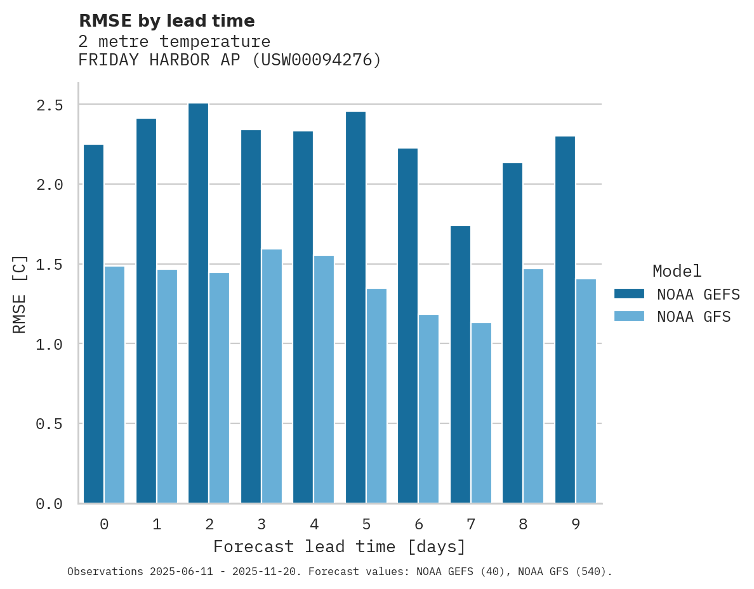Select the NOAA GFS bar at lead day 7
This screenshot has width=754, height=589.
tap(481, 413)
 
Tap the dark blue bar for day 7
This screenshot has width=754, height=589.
tap(460, 364)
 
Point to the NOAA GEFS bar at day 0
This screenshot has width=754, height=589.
tap(93, 324)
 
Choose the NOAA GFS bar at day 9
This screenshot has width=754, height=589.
tap(586, 391)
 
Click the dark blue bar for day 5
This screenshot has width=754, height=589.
tap(355, 307)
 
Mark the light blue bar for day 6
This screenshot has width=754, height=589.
tap(428, 409)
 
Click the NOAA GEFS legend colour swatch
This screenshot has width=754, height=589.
tap(629, 294)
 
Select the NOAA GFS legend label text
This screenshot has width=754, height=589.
tap(694, 317)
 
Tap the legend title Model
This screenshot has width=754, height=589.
tap(677, 272)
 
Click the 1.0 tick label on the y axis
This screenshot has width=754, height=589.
tap(50, 344)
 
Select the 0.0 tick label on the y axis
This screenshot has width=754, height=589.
tap(50, 504)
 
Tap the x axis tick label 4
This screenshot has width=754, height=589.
tap(314, 524)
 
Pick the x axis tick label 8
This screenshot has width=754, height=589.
tap(523, 524)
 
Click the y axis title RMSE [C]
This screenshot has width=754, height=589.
tap(20, 294)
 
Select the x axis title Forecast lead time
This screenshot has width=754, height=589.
tap(340, 547)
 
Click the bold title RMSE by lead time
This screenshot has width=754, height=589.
tap(166, 21)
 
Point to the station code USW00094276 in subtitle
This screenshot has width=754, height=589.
tap(317, 60)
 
